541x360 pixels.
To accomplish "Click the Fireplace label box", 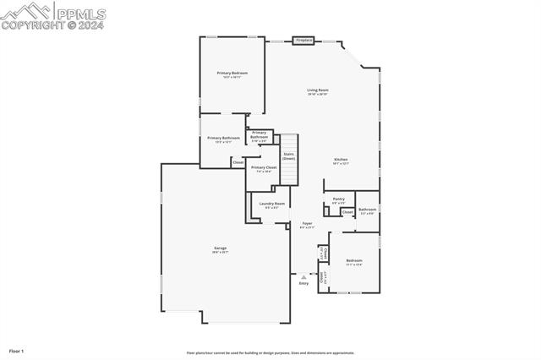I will (x=303, y=40).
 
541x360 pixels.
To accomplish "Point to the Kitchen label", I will (x=341, y=159).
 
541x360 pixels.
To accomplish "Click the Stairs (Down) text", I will (x=288, y=156).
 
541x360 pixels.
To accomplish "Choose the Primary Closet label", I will (x=264, y=167).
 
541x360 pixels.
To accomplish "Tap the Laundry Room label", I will (x=272, y=204).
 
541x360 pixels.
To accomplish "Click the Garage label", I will (x=220, y=248).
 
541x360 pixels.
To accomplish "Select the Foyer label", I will (x=307, y=224).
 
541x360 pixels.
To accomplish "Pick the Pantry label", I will (x=338, y=199).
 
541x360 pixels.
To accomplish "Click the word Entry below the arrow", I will (x=303, y=283).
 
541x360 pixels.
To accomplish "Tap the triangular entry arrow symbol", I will (x=303, y=276).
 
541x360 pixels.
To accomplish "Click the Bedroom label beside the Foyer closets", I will (x=353, y=260).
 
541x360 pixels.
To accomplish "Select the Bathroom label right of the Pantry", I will (x=367, y=210).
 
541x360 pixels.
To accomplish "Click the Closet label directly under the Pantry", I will (x=347, y=212).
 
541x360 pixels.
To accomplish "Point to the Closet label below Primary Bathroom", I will (x=238, y=161).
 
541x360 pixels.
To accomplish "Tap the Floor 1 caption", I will (x=16, y=350).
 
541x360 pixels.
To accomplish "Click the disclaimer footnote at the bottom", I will (x=270, y=353).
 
